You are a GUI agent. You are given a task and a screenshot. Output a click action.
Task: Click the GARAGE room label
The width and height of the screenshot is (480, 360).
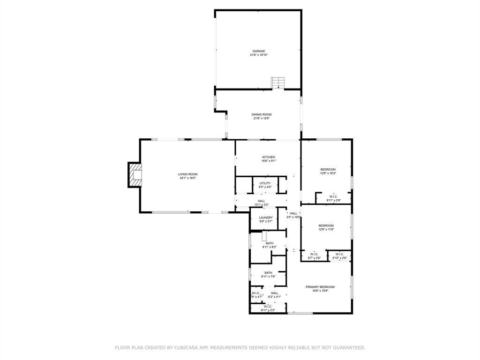tap(259, 51)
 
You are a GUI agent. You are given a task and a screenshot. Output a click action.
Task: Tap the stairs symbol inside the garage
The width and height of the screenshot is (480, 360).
tap(278, 82)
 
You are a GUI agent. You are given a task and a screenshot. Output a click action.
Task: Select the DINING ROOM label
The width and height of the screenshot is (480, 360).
tap(262, 114)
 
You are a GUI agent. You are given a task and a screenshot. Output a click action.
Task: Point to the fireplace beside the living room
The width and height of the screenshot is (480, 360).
tap(135, 174)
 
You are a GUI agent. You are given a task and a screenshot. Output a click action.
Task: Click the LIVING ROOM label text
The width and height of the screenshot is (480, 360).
tap(187, 174)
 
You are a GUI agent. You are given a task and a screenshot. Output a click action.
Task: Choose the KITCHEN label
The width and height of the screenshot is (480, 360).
tap(268, 157)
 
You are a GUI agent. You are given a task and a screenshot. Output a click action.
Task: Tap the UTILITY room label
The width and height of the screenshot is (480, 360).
tap(265, 183)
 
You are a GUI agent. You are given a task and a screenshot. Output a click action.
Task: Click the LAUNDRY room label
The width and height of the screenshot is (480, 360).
tap(266, 217)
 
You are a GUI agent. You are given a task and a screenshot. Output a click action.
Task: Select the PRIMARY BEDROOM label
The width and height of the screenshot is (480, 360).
tap(320, 287)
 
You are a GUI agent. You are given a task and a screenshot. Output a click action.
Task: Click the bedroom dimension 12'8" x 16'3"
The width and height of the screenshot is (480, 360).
tap(328, 173)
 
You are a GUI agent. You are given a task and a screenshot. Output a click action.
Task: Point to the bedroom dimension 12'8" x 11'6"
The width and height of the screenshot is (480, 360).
tap(326, 230)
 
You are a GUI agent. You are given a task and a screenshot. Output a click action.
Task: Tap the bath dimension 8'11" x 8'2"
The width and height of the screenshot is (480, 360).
tap(270, 247)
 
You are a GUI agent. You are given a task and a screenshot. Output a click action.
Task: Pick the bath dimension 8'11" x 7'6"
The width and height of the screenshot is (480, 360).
tap(268, 277)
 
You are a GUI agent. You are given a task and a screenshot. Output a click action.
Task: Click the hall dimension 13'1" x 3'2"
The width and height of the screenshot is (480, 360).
tap(261, 205)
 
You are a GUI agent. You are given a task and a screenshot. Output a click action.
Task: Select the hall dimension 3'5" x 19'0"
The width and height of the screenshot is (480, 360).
tap(293, 217)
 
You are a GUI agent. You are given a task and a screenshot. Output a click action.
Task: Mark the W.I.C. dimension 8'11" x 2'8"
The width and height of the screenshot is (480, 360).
tap(333, 201)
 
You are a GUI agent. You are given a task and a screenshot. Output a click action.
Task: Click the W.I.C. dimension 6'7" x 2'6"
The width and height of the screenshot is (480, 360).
tap(314, 258)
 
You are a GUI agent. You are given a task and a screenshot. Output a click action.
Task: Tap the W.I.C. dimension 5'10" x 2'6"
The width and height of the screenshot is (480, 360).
tap(340, 258)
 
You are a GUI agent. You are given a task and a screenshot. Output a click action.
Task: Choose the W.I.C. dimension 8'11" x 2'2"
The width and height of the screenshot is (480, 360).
tap(268, 310)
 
